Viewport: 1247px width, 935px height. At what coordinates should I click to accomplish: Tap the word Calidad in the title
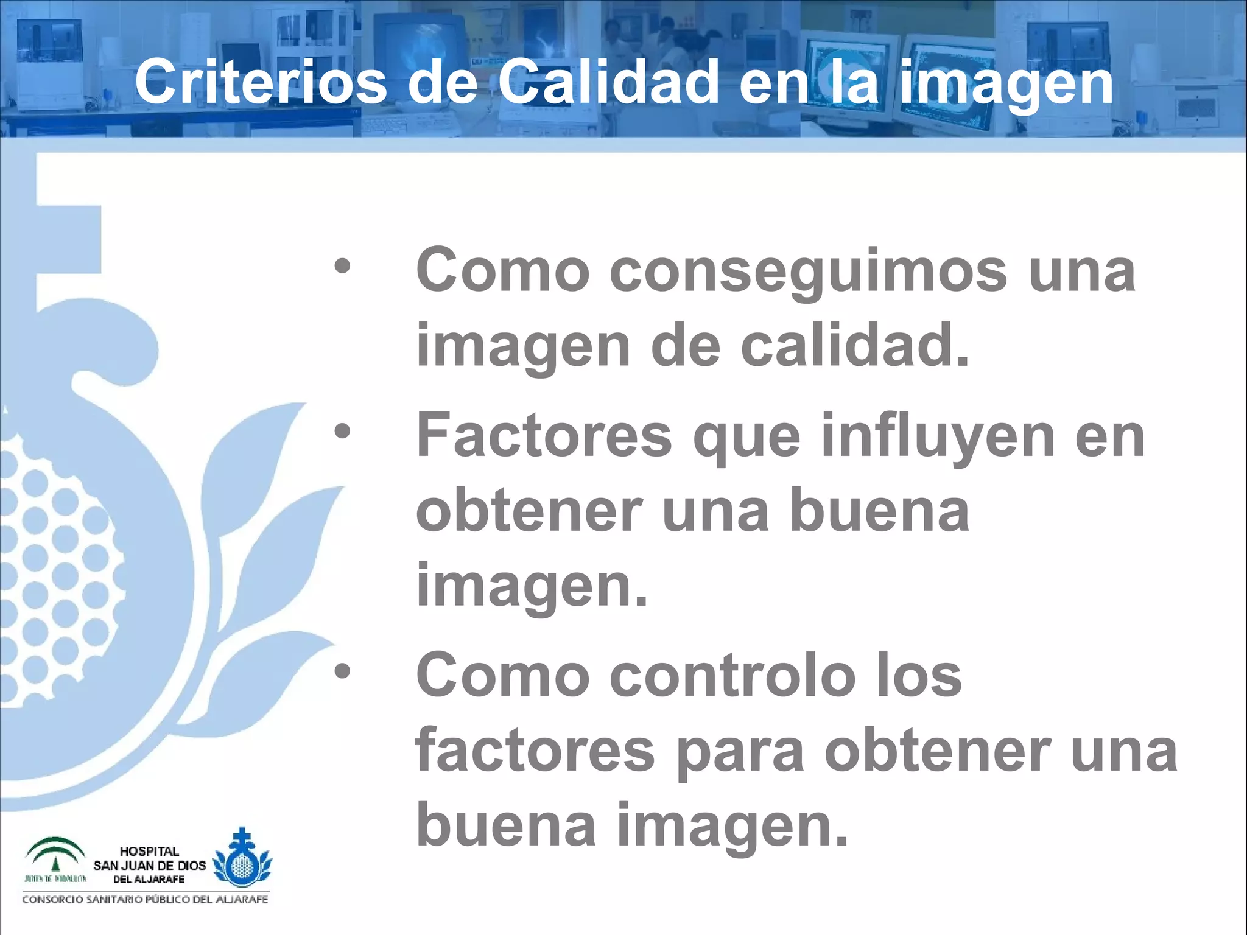click(609, 82)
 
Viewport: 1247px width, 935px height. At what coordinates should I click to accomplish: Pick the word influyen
click(938, 436)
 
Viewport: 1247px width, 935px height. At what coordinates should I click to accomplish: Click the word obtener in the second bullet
click(529, 511)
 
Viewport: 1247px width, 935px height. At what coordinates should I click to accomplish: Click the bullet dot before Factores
click(342, 431)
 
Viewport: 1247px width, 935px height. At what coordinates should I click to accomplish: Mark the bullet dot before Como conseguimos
click(342, 266)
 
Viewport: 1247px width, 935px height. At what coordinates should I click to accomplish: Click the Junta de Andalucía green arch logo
click(55, 855)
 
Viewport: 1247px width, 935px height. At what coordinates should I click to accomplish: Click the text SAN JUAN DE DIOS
click(149, 866)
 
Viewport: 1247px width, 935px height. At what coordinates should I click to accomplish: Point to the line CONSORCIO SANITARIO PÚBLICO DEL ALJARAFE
click(145, 900)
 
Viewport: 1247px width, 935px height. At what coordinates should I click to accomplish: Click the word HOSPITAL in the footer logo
click(149, 851)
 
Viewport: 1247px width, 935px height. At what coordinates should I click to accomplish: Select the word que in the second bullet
click(746, 436)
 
